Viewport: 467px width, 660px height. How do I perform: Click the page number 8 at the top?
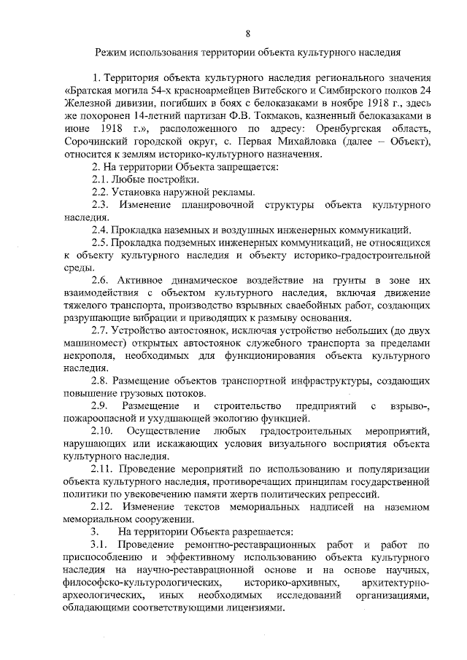pyautogui.click(x=248, y=34)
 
